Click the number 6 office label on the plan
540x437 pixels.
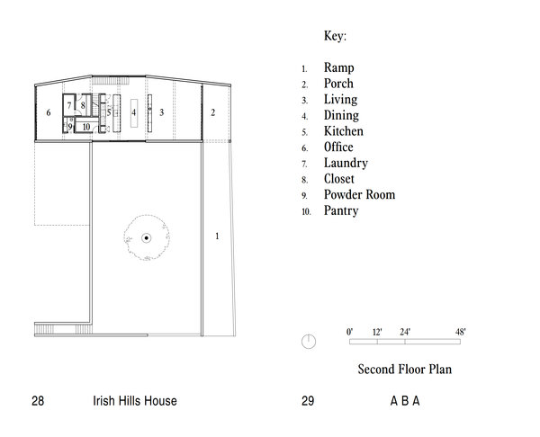pyautogui.click(x=49, y=112)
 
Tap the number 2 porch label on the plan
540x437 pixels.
pyautogui.click(x=212, y=112)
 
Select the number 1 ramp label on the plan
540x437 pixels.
pyautogui.click(x=217, y=236)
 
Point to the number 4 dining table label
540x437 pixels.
pyautogui.click(x=134, y=112)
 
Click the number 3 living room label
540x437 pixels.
pyautogui.click(x=161, y=112)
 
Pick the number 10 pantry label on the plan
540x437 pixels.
pyautogui.click(x=86, y=127)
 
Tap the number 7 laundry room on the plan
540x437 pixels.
pyautogui.click(x=69, y=105)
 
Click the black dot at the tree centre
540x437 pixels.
pyautogui.click(x=147, y=237)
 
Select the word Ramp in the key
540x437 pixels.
pyautogui.click(x=339, y=67)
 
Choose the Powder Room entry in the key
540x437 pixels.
pyautogui.click(x=359, y=195)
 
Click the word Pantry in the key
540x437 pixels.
pyautogui.click(x=341, y=210)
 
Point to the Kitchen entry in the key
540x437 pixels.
pyautogui.click(x=344, y=131)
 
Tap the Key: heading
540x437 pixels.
pyautogui.click(x=335, y=36)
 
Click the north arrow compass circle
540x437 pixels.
pyautogui.click(x=309, y=342)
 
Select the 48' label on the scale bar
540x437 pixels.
pyautogui.click(x=461, y=332)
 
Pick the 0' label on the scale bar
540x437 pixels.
pyautogui.click(x=349, y=332)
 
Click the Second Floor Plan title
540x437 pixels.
pyautogui.click(x=405, y=370)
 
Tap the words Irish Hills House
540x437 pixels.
pyautogui.click(x=135, y=401)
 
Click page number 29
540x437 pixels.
pyautogui.click(x=308, y=401)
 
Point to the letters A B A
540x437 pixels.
pyautogui.click(x=405, y=401)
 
